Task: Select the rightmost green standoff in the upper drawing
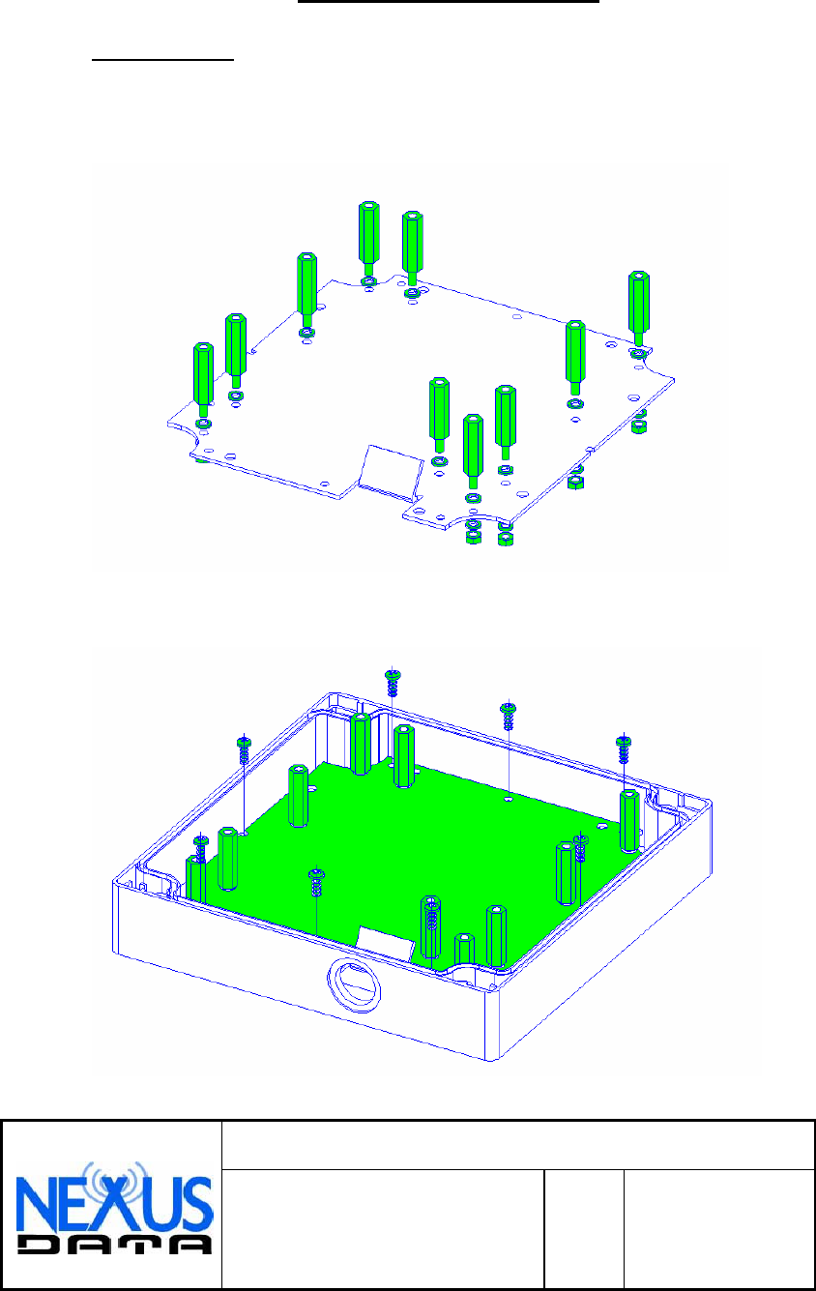[638, 308]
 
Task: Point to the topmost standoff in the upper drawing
[368, 238]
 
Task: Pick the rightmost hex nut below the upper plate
[638, 426]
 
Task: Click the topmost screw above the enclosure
[393, 683]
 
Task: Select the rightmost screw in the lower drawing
[624, 748]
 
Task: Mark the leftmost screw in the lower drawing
[200, 848]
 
